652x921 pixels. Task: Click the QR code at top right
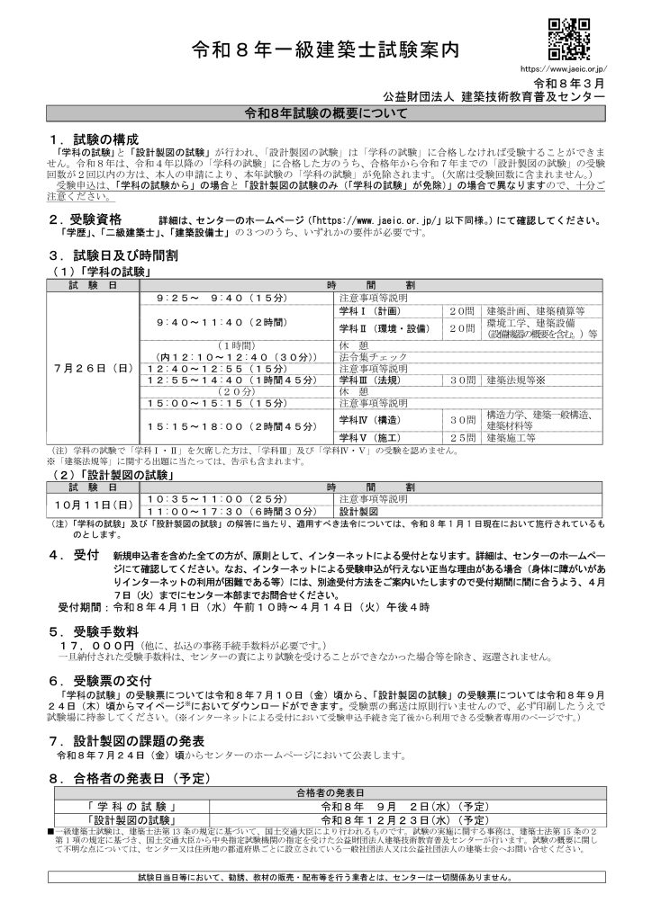(x=568, y=39)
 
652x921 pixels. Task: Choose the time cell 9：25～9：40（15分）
(x=207, y=296)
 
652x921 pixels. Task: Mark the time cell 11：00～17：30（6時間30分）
(x=231, y=510)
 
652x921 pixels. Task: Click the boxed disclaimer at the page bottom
(x=326, y=876)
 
